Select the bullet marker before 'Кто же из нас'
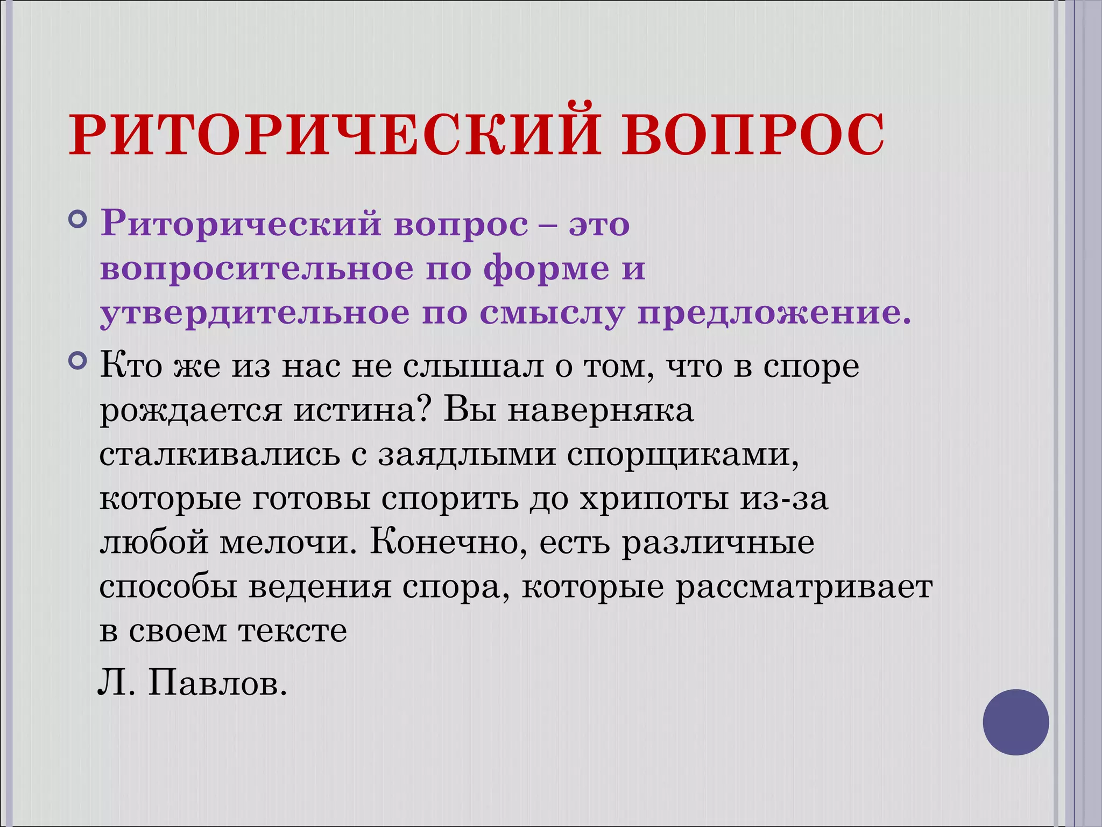pyautogui.click(x=79, y=361)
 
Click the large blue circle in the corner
pyautogui.click(x=1015, y=722)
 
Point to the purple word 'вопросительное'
pyautogui.click(x=257, y=269)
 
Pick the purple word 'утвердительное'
pyautogui.click(x=255, y=313)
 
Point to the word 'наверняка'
pyautogui.click(x=601, y=411)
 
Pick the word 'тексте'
pyautogui.click(x=293, y=632)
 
